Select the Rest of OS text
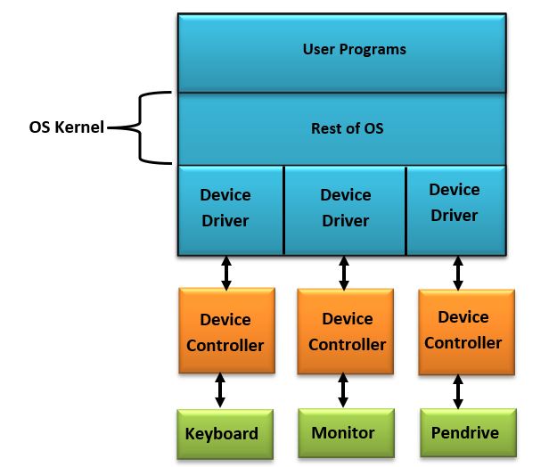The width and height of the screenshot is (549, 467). point(347,128)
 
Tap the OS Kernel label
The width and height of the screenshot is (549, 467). point(64,128)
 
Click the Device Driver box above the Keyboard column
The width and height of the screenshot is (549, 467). point(225,208)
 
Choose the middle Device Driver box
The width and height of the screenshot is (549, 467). point(345,208)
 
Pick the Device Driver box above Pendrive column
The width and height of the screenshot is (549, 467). point(455,203)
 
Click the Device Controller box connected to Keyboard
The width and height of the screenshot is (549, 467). point(225,332)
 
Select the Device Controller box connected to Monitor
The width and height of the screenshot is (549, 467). point(347,331)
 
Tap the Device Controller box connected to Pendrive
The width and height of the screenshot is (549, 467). point(463,330)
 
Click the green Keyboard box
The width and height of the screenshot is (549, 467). point(222,434)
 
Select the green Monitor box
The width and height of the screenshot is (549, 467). point(343,433)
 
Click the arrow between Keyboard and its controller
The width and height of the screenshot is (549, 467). point(220,391)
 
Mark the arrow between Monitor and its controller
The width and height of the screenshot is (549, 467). point(342,390)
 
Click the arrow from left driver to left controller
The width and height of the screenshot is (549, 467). point(226,272)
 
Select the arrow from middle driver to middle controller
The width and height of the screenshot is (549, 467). point(343,272)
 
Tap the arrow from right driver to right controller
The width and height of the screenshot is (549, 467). point(458,272)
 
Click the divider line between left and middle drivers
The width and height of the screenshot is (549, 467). point(284,209)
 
